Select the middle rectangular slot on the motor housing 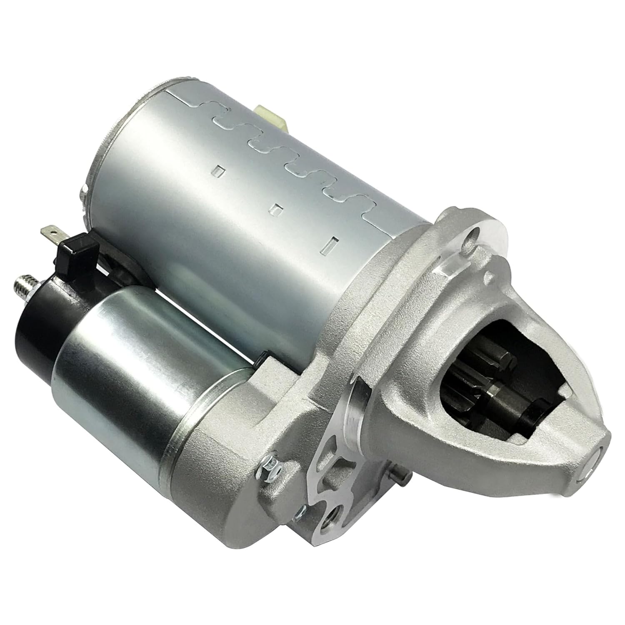click(x=276, y=207)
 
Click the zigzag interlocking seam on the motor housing click(x=292, y=162)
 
